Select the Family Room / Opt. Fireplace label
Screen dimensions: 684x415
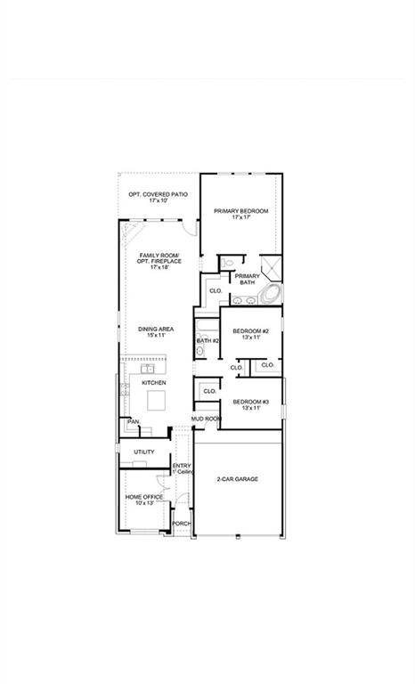(x=159, y=261)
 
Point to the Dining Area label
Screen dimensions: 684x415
(x=156, y=332)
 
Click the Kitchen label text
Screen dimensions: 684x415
(x=153, y=382)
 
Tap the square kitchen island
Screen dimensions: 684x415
(x=157, y=399)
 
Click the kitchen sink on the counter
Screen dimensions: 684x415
(x=148, y=367)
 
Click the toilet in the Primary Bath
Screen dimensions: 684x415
(x=228, y=263)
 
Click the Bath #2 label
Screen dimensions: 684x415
(x=207, y=340)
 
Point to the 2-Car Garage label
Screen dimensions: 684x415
(x=237, y=479)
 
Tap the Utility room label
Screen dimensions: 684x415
(x=144, y=452)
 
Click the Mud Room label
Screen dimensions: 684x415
(x=206, y=418)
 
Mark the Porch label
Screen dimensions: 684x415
(x=182, y=524)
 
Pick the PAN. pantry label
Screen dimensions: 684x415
(x=133, y=421)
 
